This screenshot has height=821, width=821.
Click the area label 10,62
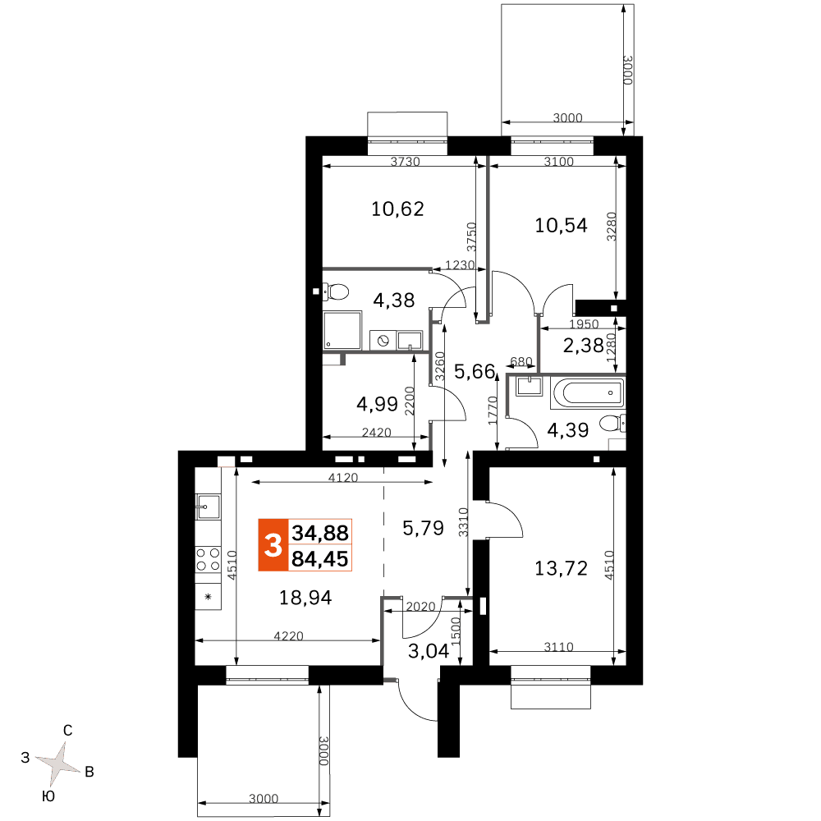397,209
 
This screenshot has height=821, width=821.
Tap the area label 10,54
561,225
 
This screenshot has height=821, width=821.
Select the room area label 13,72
561,568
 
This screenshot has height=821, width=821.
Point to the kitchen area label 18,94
305,598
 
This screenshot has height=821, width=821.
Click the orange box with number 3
273,545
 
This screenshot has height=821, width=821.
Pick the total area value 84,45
320,559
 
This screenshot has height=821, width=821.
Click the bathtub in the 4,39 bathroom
588,392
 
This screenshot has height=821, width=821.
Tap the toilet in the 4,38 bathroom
335,291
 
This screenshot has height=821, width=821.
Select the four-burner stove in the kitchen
208,559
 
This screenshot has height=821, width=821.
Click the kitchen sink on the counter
208,507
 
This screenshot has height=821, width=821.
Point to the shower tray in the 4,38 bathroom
342,330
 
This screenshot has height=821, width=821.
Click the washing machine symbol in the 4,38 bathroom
383,341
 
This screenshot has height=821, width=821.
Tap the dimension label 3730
406,161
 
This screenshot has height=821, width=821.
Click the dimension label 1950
584,323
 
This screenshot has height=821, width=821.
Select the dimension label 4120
343,477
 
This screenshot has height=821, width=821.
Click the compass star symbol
58,764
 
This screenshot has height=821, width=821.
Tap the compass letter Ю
48,796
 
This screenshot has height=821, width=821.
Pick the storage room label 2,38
583,346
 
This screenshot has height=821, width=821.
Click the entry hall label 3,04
429,651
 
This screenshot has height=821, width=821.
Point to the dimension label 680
521,361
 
